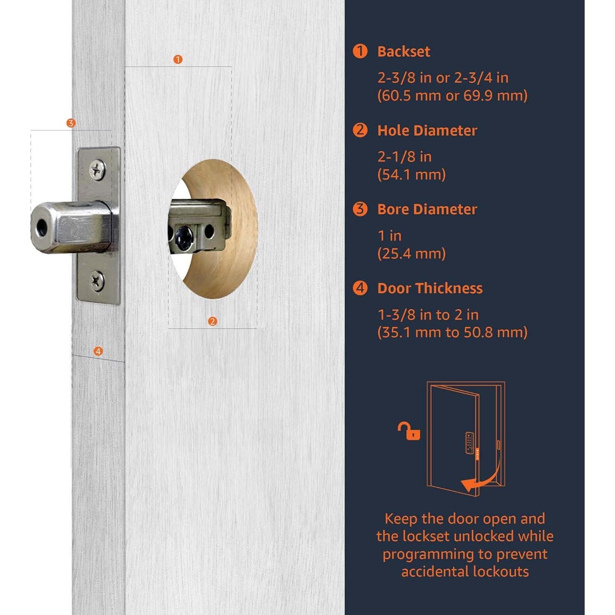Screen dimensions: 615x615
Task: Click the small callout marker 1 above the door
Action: pyautogui.click(x=178, y=59)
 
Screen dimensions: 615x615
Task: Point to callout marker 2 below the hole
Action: pyautogui.click(x=212, y=321)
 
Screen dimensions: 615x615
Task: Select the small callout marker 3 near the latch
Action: pyautogui.click(x=71, y=123)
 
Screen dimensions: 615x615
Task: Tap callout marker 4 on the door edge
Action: pyautogui.click(x=98, y=351)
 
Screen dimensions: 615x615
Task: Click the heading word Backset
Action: pyautogui.click(x=403, y=52)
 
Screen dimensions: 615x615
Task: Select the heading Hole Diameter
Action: pyautogui.click(x=427, y=130)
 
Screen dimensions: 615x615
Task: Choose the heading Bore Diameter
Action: pyautogui.click(x=427, y=209)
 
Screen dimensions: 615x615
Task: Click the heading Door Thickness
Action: pyautogui.click(x=430, y=288)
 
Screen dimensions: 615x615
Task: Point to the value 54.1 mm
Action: pyautogui.click(x=411, y=175)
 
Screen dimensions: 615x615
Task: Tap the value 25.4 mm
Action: pyautogui.click(x=411, y=253)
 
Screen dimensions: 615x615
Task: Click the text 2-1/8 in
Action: pyautogui.click(x=404, y=157)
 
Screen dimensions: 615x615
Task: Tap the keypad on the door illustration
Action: pyautogui.click(x=469, y=443)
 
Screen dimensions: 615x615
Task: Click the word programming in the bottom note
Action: pyautogui.click(x=428, y=554)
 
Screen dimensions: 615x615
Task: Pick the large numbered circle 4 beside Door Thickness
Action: pyautogui.click(x=360, y=288)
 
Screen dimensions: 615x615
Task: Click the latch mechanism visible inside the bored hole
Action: pyautogui.click(x=200, y=225)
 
